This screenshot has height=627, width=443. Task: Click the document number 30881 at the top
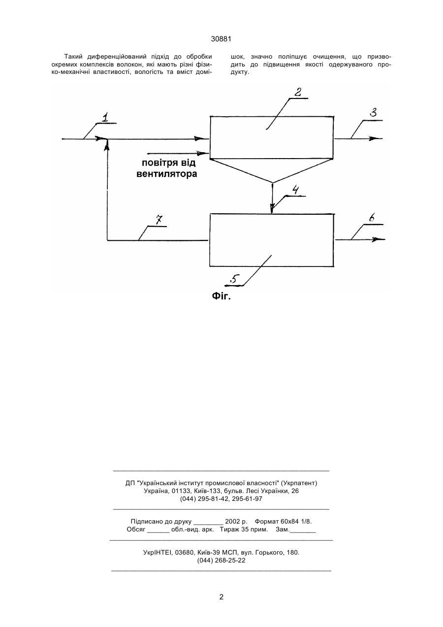click(221, 39)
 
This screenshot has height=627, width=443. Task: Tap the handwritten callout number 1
click(105, 117)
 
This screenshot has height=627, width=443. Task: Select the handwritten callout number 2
click(298, 92)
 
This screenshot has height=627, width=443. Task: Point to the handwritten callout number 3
click(374, 112)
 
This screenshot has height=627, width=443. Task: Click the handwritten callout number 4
click(295, 190)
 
